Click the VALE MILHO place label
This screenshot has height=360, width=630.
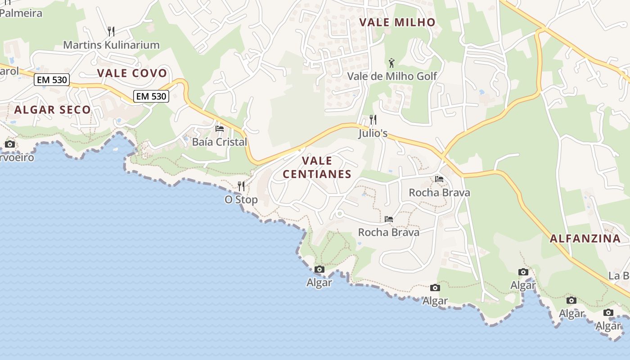tap(397, 22)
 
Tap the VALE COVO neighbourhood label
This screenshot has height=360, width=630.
tap(132, 73)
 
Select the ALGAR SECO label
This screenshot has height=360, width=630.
tap(52, 109)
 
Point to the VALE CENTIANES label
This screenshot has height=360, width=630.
tap(317, 167)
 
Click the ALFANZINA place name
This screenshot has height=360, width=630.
tap(585, 238)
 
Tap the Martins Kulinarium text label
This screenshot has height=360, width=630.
tap(111, 45)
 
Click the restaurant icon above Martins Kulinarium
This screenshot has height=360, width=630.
tap(111, 31)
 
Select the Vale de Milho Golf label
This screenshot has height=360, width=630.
tap(392, 76)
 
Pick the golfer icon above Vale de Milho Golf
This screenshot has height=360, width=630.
tap(391, 63)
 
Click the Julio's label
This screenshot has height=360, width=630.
tap(373, 133)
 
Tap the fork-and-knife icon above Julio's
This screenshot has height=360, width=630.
tap(373, 120)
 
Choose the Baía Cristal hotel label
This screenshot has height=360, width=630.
tap(220, 142)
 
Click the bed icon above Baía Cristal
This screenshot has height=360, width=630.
tap(220, 129)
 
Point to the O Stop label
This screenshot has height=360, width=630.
tap(241, 199)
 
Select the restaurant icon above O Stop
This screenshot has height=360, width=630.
tap(241, 186)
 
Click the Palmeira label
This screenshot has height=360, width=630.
tap(21, 13)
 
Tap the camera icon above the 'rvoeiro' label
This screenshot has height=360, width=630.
tap(9, 144)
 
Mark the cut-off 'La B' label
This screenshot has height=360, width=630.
tap(620, 275)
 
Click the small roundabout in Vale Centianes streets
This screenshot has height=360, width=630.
tap(339, 214)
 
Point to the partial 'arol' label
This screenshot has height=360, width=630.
tap(9, 71)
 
